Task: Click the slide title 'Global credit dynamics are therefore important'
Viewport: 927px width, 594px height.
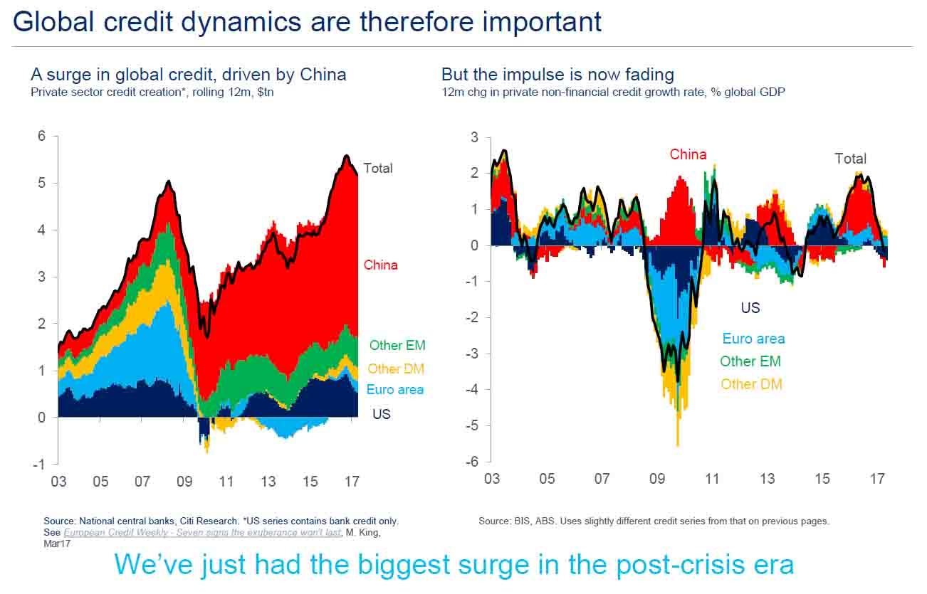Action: click(x=307, y=21)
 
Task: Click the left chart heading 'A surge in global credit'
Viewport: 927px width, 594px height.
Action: click(x=188, y=74)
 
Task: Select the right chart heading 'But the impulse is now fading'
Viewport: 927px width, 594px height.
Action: click(x=557, y=74)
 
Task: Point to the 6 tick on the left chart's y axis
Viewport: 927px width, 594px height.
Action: click(x=42, y=137)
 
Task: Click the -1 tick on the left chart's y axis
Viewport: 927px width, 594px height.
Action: click(x=39, y=464)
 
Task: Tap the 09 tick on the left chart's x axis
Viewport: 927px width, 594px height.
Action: click(x=184, y=482)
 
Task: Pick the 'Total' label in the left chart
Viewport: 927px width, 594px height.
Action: click(x=378, y=169)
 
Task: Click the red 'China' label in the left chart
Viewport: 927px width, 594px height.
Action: click(x=381, y=265)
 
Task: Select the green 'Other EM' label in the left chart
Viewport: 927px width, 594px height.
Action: click(x=397, y=346)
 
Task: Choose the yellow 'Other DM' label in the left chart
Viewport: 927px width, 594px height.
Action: click(x=396, y=369)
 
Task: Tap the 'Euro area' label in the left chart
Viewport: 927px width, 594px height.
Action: click(x=394, y=390)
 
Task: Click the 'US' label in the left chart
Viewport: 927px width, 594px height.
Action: click(x=382, y=413)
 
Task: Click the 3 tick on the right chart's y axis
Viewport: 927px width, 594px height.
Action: click(x=476, y=137)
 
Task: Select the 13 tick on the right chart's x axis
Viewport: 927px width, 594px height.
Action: click(x=767, y=479)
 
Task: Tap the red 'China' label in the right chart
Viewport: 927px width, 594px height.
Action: click(x=688, y=154)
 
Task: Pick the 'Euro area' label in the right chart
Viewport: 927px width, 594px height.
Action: click(x=753, y=339)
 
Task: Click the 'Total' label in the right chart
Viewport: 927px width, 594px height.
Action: click(x=850, y=159)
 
